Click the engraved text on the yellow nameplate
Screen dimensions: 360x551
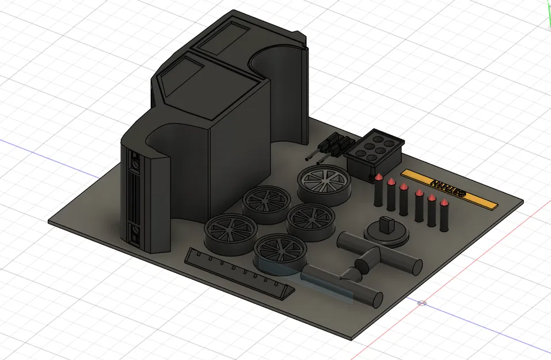(449, 187)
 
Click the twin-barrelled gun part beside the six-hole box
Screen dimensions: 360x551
(329, 147)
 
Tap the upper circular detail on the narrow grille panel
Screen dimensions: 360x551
(135, 164)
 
